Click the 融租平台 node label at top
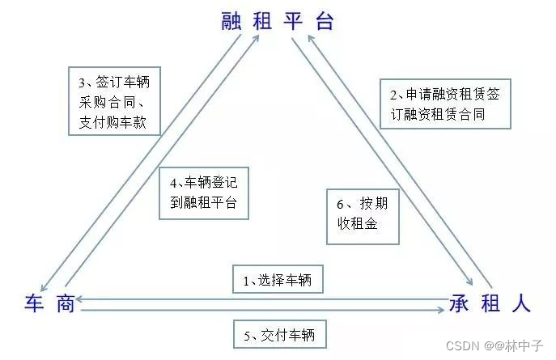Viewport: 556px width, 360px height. click(277, 21)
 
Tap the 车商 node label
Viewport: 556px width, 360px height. click(49, 303)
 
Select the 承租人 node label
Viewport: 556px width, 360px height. click(490, 304)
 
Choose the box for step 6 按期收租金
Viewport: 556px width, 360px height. click(363, 215)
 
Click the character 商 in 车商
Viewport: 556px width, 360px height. click(65, 303)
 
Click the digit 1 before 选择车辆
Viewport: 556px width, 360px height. click(247, 280)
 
